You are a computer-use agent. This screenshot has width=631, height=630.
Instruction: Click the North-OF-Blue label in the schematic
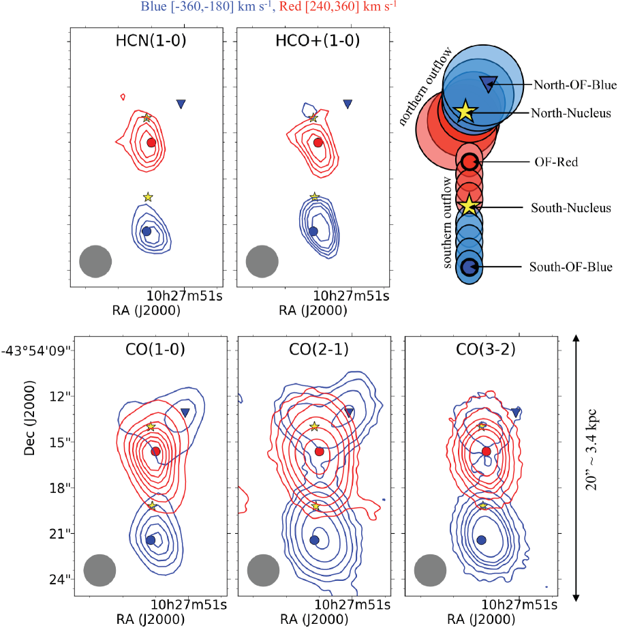click(x=575, y=85)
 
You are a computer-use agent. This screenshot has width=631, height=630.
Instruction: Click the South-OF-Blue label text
click(x=571, y=267)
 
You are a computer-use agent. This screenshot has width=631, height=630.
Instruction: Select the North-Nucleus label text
click(x=570, y=113)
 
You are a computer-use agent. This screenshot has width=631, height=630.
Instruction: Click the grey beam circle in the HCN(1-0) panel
click(x=95, y=262)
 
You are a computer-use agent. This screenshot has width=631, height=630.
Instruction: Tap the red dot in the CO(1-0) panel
click(x=155, y=451)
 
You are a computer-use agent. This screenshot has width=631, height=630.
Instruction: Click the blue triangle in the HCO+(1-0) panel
click(x=348, y=104)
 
